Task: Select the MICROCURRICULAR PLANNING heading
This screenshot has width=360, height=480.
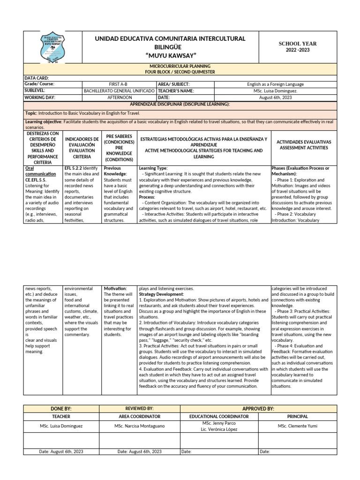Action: tap(180, 67)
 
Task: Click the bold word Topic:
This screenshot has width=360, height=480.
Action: tap(31, 113)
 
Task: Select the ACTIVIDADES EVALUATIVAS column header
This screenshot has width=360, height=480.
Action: tap(303, 144)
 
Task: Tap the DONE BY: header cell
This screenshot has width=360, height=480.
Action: tap(61, 409)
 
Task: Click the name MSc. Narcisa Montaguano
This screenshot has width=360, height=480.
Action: tap(138, 426)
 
